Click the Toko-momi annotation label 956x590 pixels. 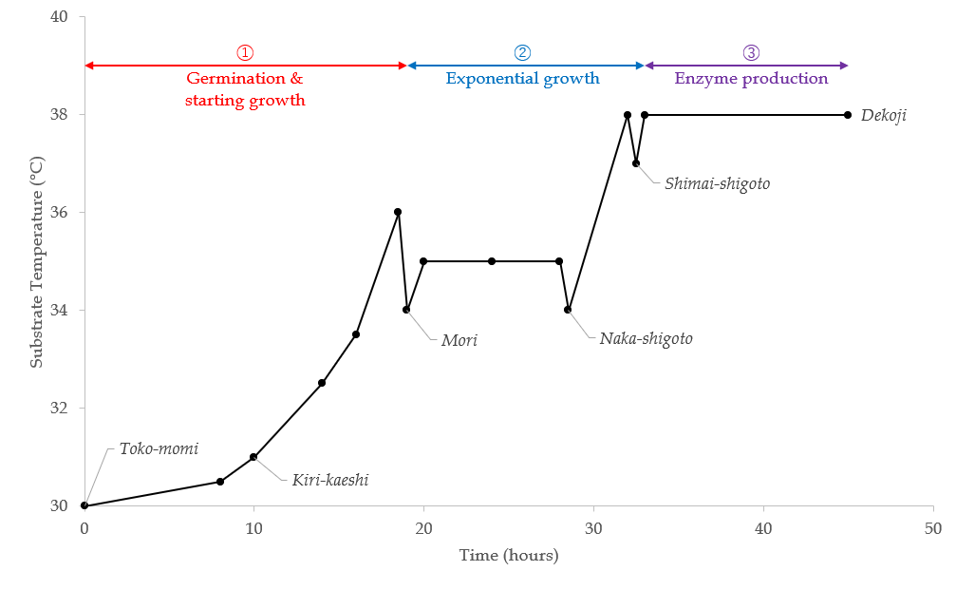click(x=159, y=449)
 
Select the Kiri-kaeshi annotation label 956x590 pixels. click(x=329, y=481)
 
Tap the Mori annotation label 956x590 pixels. click(x=459, y=339)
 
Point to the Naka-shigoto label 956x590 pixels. click(x=646, y=337)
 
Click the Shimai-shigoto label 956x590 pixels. click(x=717, y=183)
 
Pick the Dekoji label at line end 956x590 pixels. click(x=884, y=115)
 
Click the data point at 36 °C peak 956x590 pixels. click(x=398, y=212)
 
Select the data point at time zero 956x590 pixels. click(x=84, y=505)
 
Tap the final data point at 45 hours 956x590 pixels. click(x=848, y=115)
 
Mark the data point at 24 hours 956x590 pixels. click(x=492, y=261)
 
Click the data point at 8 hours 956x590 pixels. click(x=220, y=482)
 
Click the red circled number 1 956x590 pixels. click(x=245, y=53)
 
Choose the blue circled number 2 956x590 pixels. click(x=522, y=53)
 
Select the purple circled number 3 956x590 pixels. click(x=751, y=53)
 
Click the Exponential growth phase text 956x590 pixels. click(x=522, y=79)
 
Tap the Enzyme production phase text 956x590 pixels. click(x=751, y=79)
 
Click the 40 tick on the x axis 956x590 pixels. click(x=763, y=528)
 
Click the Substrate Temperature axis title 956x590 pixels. click(x=36, y=261)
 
